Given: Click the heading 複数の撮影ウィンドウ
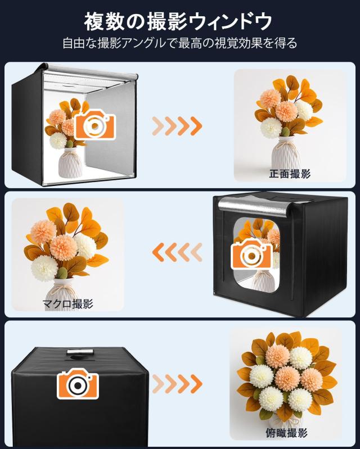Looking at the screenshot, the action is point(178,22).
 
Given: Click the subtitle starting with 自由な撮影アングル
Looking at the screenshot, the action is point(179,43).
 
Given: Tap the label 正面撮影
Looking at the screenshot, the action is point(290,174).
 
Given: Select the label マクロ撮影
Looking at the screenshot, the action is point(67,304).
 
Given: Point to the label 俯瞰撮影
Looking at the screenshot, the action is point(287,433).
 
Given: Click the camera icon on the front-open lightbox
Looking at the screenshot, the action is point(95,124).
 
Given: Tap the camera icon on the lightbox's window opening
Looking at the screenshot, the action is point(251,253).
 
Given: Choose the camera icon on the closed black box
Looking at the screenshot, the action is point(78,383).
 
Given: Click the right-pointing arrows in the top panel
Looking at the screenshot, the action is point(177,126).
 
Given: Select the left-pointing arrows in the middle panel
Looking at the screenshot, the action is point(177,252).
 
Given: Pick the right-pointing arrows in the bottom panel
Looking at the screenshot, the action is point(177,383).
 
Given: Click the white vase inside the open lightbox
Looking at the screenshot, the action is point(70,162).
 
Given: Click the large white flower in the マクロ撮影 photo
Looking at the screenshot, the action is point(44,268).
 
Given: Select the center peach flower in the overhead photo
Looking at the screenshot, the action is point(287,378).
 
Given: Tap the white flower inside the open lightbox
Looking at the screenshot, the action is point(58,140).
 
